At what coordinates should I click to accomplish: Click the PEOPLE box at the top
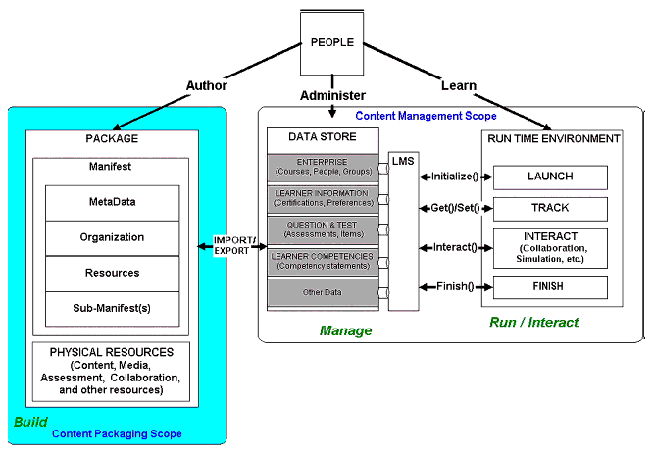tap(331, 43)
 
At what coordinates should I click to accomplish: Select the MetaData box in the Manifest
tap(112, 202)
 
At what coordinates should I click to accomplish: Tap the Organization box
tap(112, 237)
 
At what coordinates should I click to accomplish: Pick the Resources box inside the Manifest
tap(112, 273)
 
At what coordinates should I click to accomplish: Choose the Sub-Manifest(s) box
tap(112, 308)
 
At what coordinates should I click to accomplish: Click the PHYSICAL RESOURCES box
tap(112, 371)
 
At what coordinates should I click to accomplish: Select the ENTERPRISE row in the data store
tap(324, 167)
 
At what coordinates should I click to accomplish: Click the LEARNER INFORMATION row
tap(324, 198)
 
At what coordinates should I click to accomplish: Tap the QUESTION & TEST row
tap(324, 229)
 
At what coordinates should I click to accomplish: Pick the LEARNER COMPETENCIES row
tap(324, 261)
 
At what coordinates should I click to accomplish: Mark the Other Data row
tap(324, 292)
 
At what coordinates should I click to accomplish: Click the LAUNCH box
tap(550, 177)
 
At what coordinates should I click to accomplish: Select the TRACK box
tap(550, 208)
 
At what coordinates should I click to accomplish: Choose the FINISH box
tap(550, 287)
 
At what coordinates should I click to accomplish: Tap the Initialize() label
tap(454, 177)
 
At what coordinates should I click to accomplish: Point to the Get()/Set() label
tap(454, 208)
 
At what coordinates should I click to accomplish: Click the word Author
tap(206, 86)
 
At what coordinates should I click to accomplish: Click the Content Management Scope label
tap(426, 116)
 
